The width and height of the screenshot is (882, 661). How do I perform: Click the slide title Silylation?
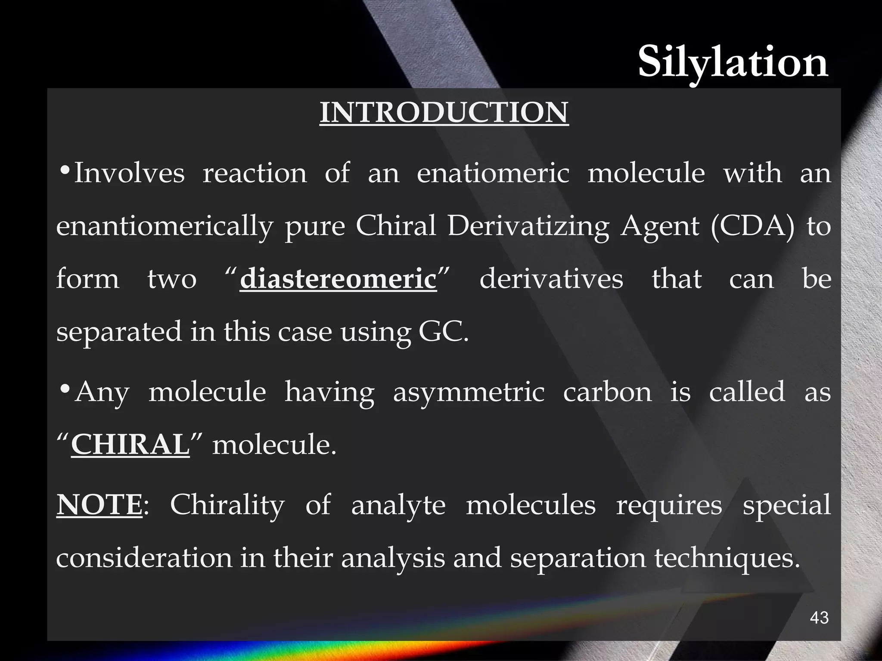733,63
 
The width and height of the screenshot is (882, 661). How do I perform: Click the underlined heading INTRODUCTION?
444,112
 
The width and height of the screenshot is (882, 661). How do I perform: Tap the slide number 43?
819,618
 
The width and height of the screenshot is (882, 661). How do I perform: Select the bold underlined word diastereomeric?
338,279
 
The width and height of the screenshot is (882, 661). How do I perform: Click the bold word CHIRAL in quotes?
130,445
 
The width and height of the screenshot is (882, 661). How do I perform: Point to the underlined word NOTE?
99,505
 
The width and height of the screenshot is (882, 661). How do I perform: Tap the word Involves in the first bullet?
130,173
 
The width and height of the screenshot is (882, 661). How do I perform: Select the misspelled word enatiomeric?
493,173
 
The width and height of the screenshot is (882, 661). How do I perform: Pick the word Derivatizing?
528,225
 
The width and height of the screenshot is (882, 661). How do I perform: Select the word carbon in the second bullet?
608,392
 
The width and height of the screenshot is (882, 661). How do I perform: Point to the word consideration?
144,558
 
